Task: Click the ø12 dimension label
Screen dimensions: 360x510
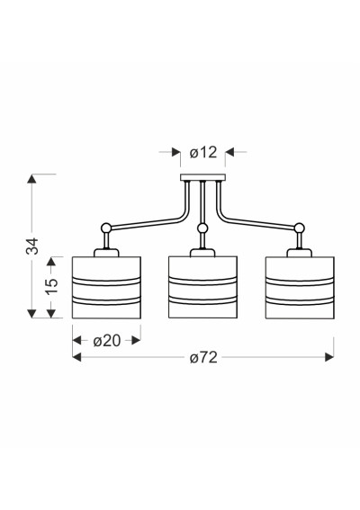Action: pyautogui.click(x=203, y=152)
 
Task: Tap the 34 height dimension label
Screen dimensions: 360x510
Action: pyautogui.click(x=32, y=246)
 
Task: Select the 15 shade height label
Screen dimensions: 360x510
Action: pyautogui.click(x=51, y=286)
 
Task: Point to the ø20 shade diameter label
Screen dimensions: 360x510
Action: pyautogui.click(x=107, y=341)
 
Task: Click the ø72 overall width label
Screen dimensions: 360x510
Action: pyautogui.click(x=203, y=358)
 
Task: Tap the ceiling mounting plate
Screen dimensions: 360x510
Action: pyautogui.click(x=202, y=177)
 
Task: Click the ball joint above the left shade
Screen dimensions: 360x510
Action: pyautogui.click(x=106, y=228)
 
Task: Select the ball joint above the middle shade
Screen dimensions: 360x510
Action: pyautogui.click(x=202, y=228)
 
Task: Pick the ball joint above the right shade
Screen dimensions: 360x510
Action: pyautogui.click(x=299, y=228)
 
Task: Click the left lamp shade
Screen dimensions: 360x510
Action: pyautogui.click(x=106, y=288)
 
